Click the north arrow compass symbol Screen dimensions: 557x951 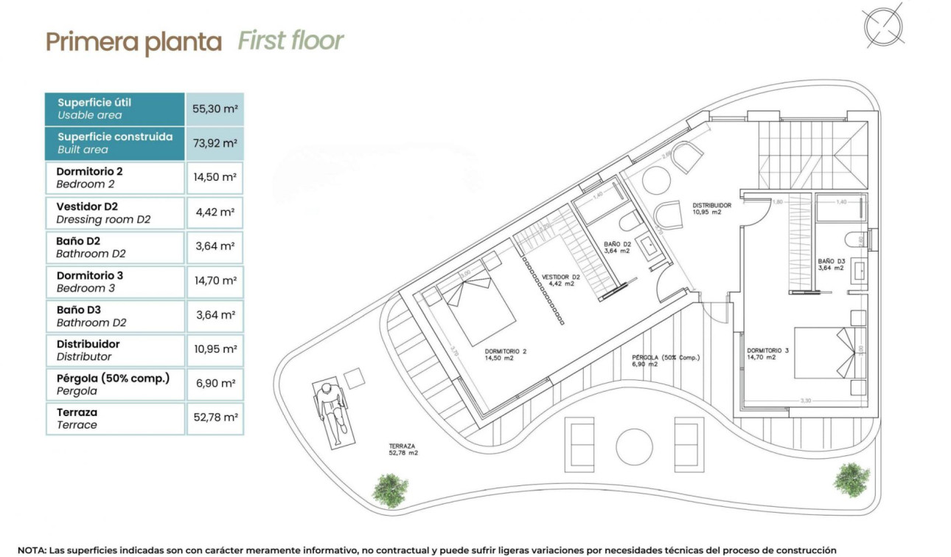click(x=883, y=26)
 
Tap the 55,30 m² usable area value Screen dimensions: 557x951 click(x=215, y=108)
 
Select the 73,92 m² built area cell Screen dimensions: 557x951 click(x=215, y=143)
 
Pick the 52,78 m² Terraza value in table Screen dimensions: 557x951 click(x=215, y=418)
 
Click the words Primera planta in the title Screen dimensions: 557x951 click(x=133, y=43)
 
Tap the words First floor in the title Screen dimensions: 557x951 click(x=290, y=41)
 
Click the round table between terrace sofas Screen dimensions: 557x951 click(x=634, y=446)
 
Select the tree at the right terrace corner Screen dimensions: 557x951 click(x=851, y=479)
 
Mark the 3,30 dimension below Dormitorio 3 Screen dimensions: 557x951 click(x=805, y=401)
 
